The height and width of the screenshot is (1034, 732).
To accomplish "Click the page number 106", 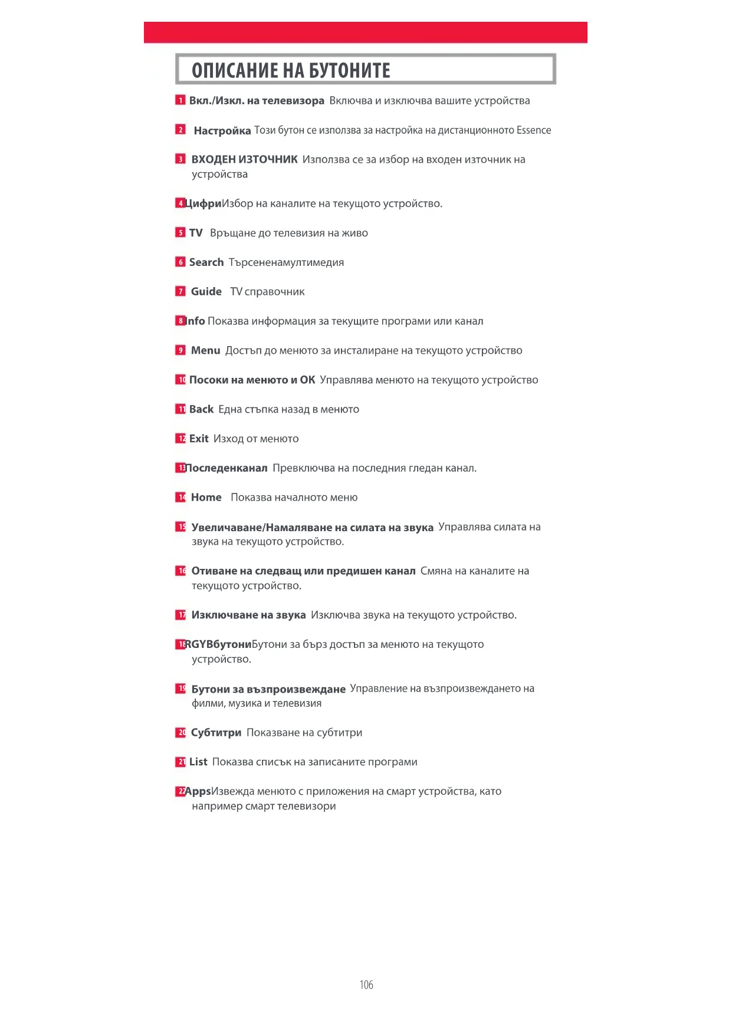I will (366, 984).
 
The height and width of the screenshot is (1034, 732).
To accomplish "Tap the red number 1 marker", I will (180, 100).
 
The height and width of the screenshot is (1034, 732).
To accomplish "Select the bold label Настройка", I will (222, 131).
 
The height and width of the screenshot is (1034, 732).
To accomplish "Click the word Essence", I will (534, 130).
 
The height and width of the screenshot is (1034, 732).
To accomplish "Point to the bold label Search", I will (206, 262).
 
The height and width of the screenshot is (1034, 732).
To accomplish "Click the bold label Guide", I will (206, 292).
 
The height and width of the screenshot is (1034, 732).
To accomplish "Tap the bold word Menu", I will (206, 351).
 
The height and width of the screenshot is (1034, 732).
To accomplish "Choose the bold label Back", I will (201, 409).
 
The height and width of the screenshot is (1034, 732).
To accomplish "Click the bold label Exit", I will (199, 439).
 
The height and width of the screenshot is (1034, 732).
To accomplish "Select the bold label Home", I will (206, 498).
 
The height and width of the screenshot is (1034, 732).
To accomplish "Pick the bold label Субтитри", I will (216, 733).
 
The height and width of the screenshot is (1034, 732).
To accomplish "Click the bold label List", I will (198, 762).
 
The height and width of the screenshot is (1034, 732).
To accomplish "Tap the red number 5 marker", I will (180, 233).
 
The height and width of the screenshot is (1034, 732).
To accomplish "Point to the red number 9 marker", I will (180, 350).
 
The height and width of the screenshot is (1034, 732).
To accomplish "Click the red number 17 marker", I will (180, 615).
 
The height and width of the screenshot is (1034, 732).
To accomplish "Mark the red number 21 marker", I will (180, 762).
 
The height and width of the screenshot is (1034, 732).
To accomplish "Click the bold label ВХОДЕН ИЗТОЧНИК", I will (244, 160).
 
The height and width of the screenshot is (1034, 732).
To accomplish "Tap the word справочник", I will (274, 292).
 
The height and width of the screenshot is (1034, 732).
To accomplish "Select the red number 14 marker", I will (180, 497).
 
